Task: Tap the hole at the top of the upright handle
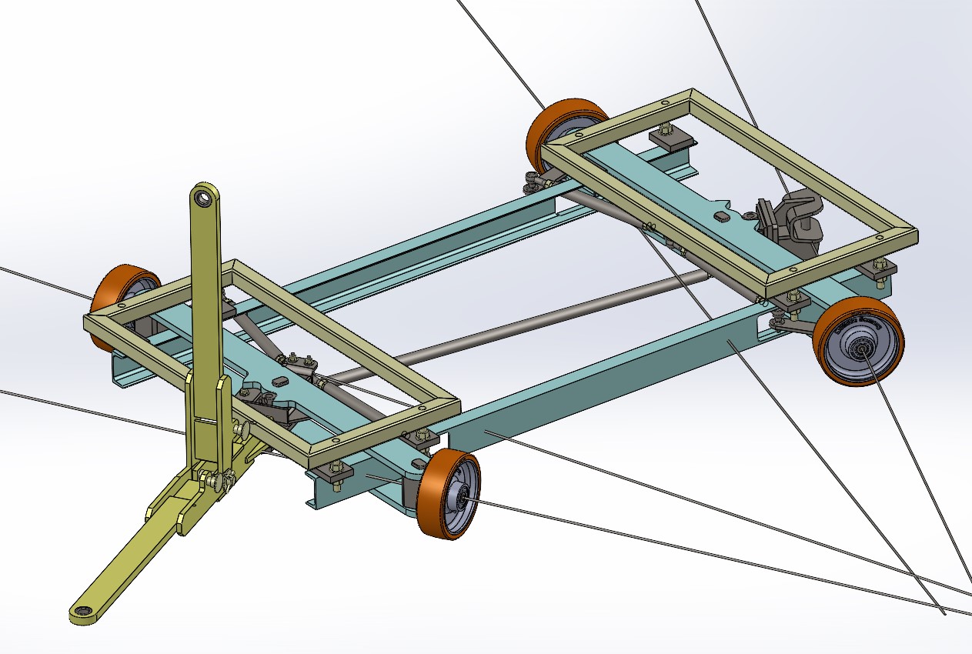tap(203, 199)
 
